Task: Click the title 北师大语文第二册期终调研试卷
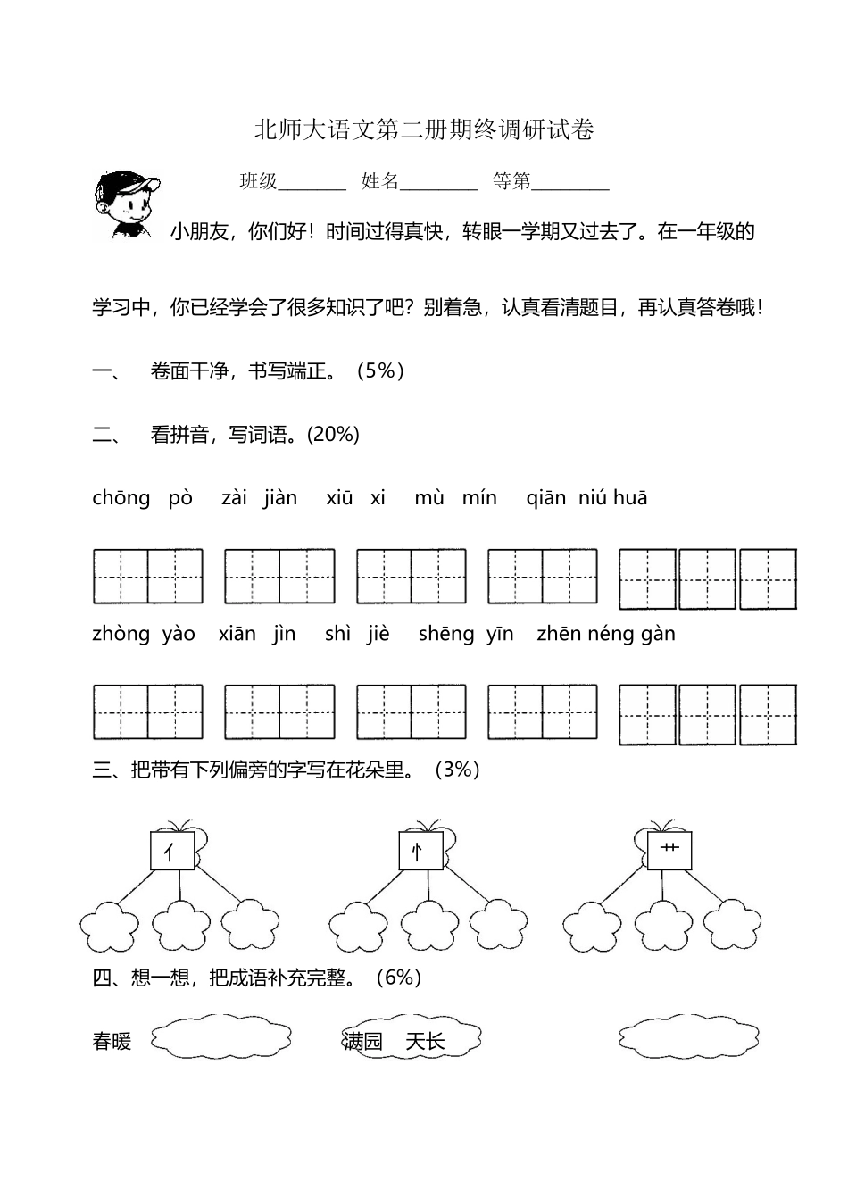coord(424,130)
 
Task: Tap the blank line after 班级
coord(312,184)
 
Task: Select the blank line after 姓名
coord(439,184)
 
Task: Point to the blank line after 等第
coord(570,184)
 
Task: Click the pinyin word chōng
coord(121,498)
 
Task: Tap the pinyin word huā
coord(630,498)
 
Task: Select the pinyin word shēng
coord(446,634)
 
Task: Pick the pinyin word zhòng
coord(121,634)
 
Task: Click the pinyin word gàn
coord(659,635)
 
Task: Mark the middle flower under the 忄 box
coord(428,925)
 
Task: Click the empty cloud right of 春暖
coord(221,1038)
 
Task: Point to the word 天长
coord(426,1041)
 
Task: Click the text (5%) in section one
coord(381,371)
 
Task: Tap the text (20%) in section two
coord(333,435)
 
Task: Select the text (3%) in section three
coord(457,770)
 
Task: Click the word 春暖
coord(112,1042)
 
